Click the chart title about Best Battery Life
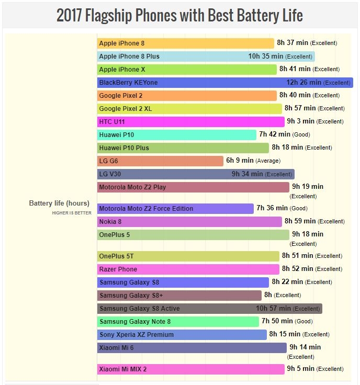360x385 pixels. [179, 15]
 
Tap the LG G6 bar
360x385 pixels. [160, 161]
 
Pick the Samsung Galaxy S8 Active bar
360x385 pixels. [209, 309]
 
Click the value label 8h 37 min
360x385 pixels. [292, 43]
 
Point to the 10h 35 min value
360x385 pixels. [266, 56]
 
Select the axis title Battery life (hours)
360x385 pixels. [59, 203]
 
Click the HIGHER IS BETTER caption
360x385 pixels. [72, 213]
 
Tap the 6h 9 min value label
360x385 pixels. [240, 161]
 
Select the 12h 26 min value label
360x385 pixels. [303, 83]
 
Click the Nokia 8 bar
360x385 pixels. [189, 222]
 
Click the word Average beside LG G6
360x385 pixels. [268, 161]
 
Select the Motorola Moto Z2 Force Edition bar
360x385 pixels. [175, 209]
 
